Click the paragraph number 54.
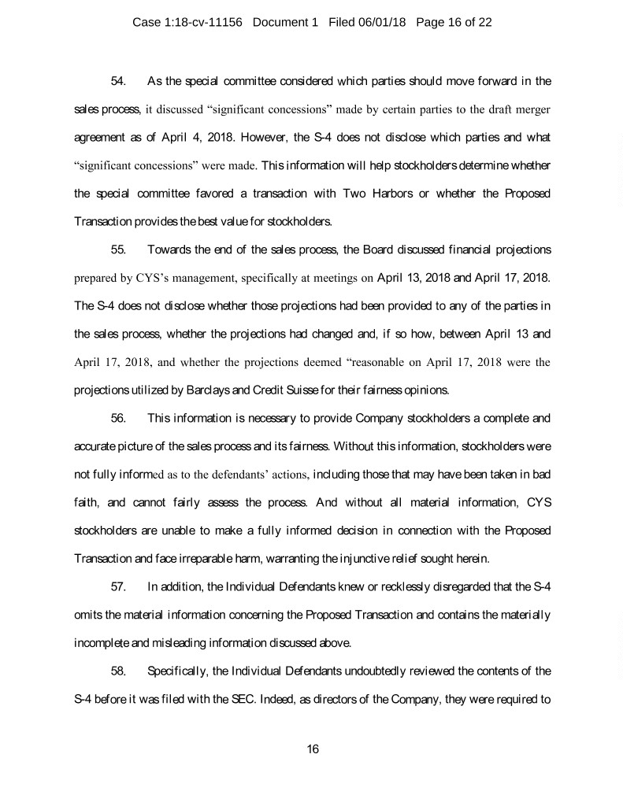point(119,81)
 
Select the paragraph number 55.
point(119,251)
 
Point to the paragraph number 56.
point(119,421)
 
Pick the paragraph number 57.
point(119,591)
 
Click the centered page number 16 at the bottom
point(312,749)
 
